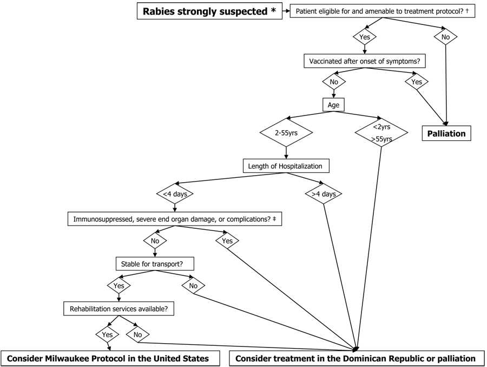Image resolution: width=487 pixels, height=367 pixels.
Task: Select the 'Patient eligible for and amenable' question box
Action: [383, 11]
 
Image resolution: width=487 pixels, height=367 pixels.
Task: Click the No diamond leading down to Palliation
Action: [446, 37]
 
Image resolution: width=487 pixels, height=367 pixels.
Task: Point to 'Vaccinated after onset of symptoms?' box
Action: [364, 62]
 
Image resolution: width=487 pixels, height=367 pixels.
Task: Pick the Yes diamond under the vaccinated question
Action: [417, 82]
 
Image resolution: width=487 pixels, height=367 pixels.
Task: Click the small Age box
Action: [333, 105]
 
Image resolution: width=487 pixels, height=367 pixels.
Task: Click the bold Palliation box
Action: [446, 133]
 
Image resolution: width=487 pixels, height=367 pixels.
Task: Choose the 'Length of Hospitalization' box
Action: [285, 166]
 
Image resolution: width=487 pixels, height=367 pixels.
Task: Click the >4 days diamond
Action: [324, 194]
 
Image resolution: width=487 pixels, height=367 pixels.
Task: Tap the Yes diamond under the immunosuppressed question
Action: [227, 240]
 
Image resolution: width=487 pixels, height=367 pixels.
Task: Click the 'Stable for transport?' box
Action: [155, 265]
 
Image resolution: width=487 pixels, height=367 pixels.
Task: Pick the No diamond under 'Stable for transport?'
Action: [193, 285]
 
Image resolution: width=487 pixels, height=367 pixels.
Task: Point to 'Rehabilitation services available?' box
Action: [119, 310]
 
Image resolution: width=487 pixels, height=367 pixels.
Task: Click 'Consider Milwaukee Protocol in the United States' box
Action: [112, 358]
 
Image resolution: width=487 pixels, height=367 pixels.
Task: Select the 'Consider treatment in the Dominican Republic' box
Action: [356, 358]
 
